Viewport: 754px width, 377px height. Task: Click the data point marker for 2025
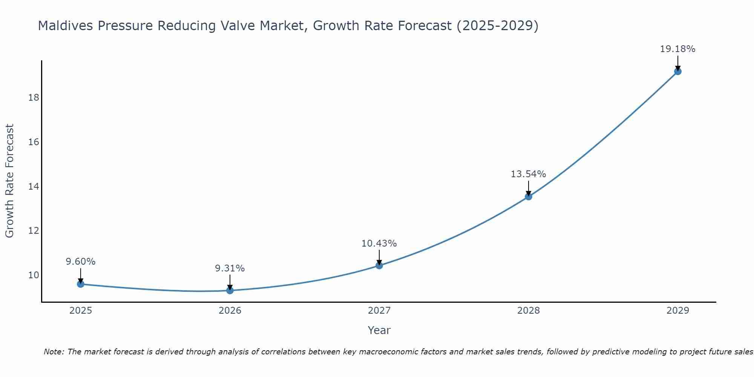coord(81,284)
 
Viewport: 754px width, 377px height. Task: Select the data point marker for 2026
coord(230,290)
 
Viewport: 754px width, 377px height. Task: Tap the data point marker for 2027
coord(379,265)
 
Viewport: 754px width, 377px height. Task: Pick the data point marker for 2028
coord(529,196)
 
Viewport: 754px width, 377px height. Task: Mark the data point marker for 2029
coord(678,71)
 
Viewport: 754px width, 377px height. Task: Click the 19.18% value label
coord(677,49)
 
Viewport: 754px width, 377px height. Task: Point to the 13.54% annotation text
coord(528,174)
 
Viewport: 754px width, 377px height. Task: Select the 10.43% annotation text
coord(379,244)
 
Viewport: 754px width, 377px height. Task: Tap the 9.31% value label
coord(230,268)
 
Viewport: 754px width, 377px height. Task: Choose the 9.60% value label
coord(81,262)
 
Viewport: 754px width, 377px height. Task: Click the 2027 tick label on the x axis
coord(379,311)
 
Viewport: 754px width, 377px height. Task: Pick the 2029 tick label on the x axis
coord(678,311)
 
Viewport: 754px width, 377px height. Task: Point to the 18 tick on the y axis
coord(34,98)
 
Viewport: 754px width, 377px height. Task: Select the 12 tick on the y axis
coord(34,231)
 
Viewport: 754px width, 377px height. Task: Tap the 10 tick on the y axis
coord(34,275)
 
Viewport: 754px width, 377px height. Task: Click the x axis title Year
coord(379,330)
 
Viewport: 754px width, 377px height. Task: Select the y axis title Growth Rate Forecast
coord(9,181)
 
